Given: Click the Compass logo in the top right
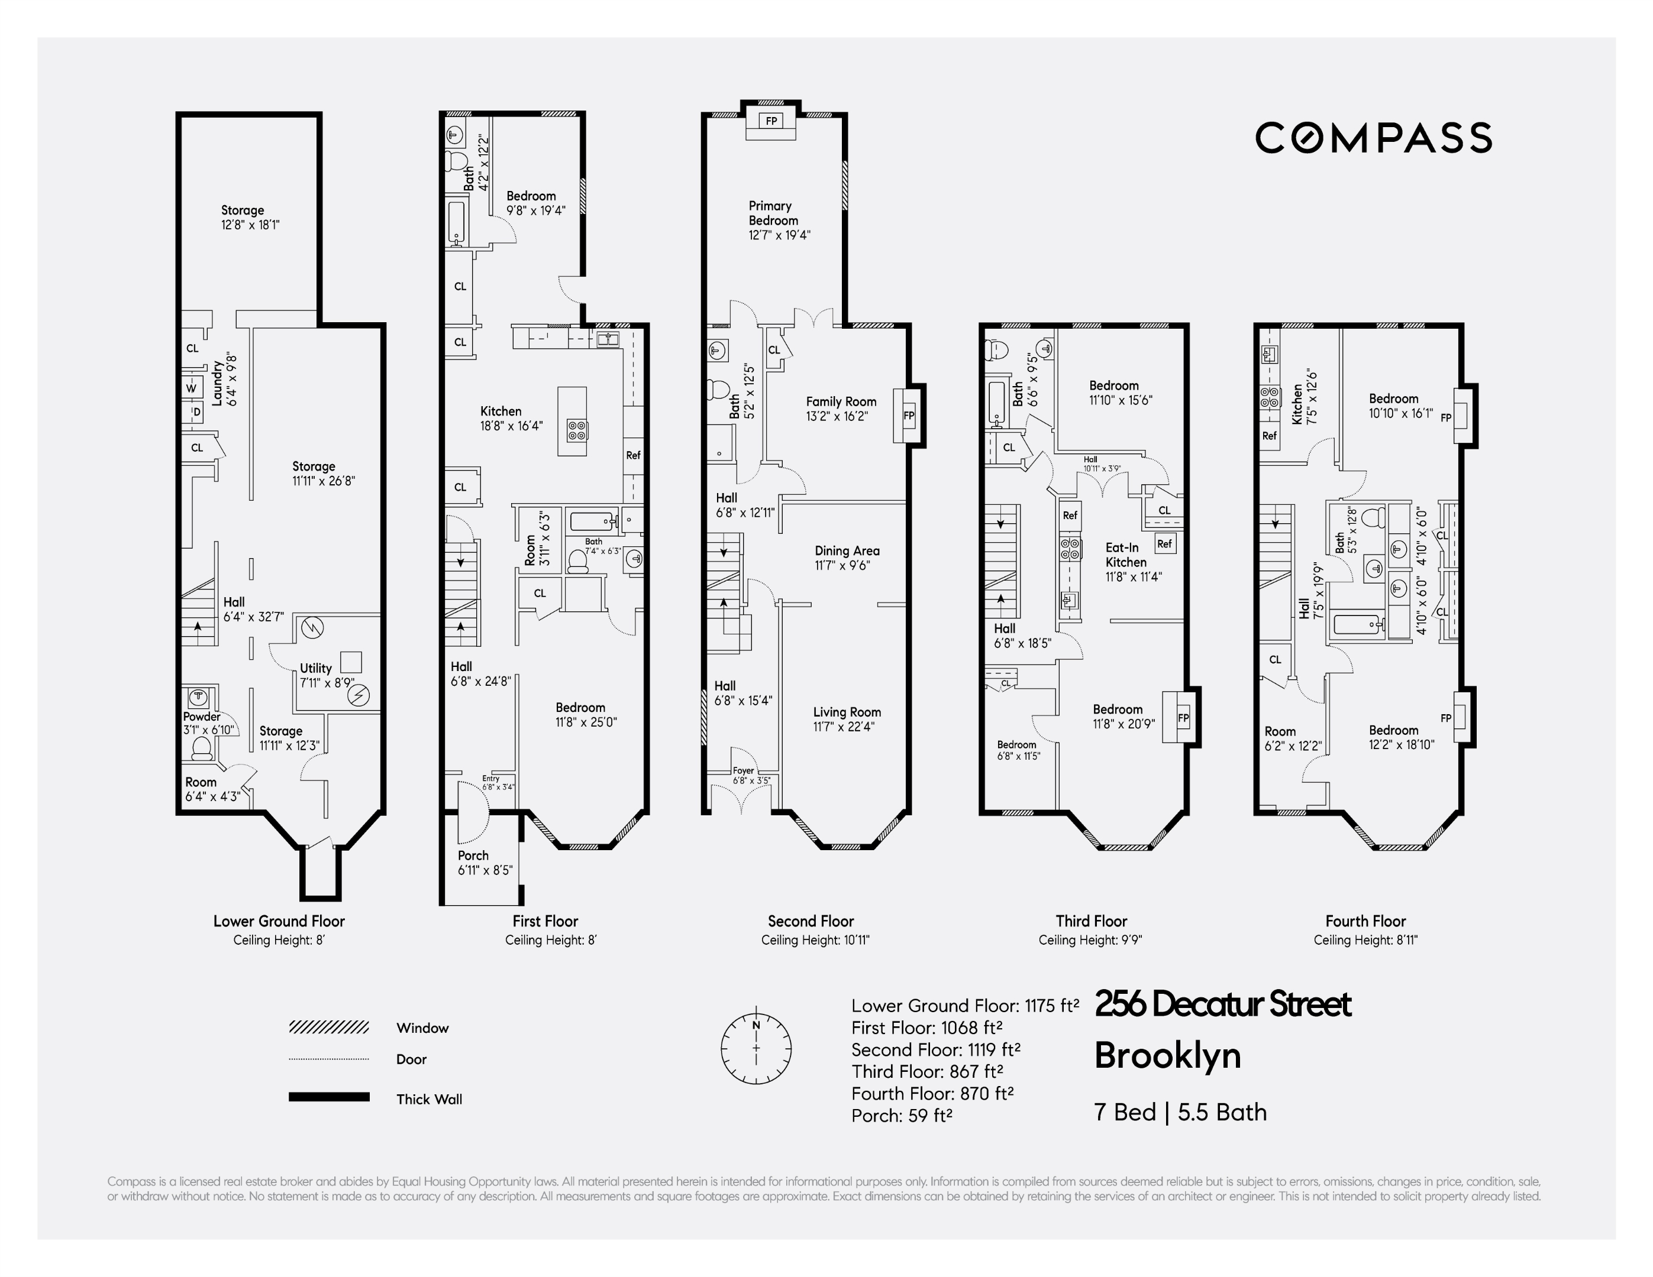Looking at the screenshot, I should click(1373, 138).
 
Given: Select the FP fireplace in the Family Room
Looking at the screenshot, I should click(908, 416).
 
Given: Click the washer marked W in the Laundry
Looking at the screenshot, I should click(192, 388).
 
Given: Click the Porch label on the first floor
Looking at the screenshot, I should click(473, 855).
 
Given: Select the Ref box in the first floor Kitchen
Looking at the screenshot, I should click(632, 455).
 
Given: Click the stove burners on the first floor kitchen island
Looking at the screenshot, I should click(577, 430).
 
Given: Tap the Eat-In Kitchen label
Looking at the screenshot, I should click(1125, 555).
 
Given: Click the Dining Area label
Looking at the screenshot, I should click(847, 551).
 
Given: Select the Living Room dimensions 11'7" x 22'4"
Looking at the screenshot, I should click(844, 726).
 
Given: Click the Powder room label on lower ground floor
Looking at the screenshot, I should click(201, 717).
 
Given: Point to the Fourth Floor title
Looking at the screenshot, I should click(1365, 922).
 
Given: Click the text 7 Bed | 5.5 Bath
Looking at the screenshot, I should click(1180, 1112).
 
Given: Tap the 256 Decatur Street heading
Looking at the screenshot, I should click(1222, 1004).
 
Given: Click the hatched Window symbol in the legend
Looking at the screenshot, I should click(328, 1028).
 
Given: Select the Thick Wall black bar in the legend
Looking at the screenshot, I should click(328, 1097).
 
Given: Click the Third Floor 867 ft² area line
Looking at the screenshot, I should click(927, 1071).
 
